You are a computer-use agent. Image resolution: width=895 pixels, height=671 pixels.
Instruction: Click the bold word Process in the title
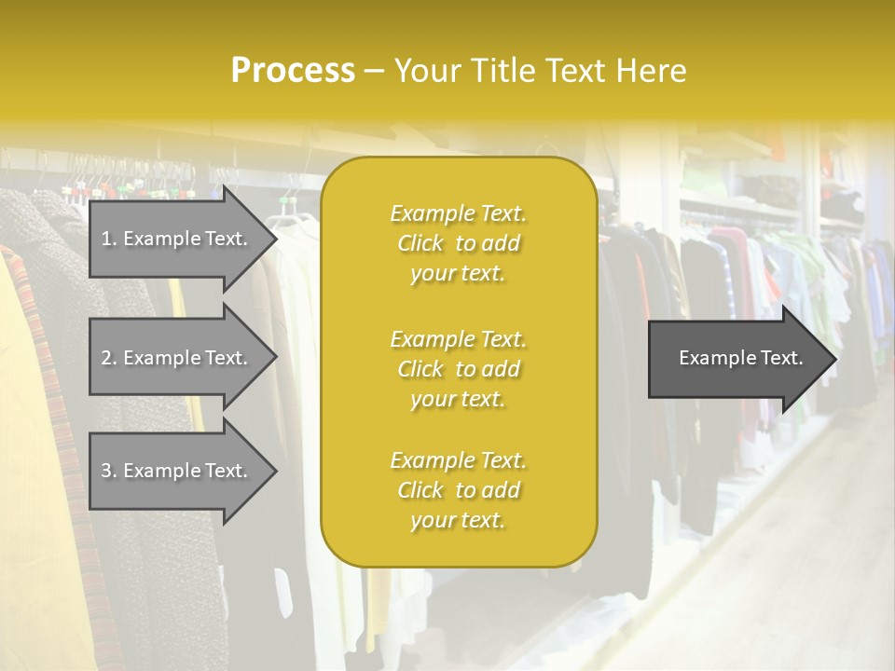(293, 71)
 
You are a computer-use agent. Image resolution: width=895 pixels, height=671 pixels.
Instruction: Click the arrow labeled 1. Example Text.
(177, 239)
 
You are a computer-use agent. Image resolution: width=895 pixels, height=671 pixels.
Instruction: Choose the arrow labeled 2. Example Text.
(177, 358)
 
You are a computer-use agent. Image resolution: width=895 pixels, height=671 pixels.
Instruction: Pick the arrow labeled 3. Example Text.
(177, 471)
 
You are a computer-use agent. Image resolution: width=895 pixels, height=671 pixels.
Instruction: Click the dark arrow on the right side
(737, 359)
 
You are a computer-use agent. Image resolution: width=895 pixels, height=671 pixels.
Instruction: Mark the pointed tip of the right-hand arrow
(834, 359)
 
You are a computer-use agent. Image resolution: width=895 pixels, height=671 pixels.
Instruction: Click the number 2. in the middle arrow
(109, 358)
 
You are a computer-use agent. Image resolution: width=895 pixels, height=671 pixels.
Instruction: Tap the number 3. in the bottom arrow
(109, 471)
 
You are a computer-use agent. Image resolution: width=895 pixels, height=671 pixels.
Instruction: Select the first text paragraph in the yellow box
(458, 243)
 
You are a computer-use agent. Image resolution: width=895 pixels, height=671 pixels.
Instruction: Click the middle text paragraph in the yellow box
(458, 369)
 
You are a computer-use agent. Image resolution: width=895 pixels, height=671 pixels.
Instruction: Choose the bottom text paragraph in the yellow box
(458, 490)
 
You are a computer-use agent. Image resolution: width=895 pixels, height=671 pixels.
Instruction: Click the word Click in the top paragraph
(420, 243)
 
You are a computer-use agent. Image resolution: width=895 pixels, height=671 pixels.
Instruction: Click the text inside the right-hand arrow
(740, 358)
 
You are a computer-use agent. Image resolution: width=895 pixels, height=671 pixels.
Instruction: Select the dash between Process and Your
(374, 71)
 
